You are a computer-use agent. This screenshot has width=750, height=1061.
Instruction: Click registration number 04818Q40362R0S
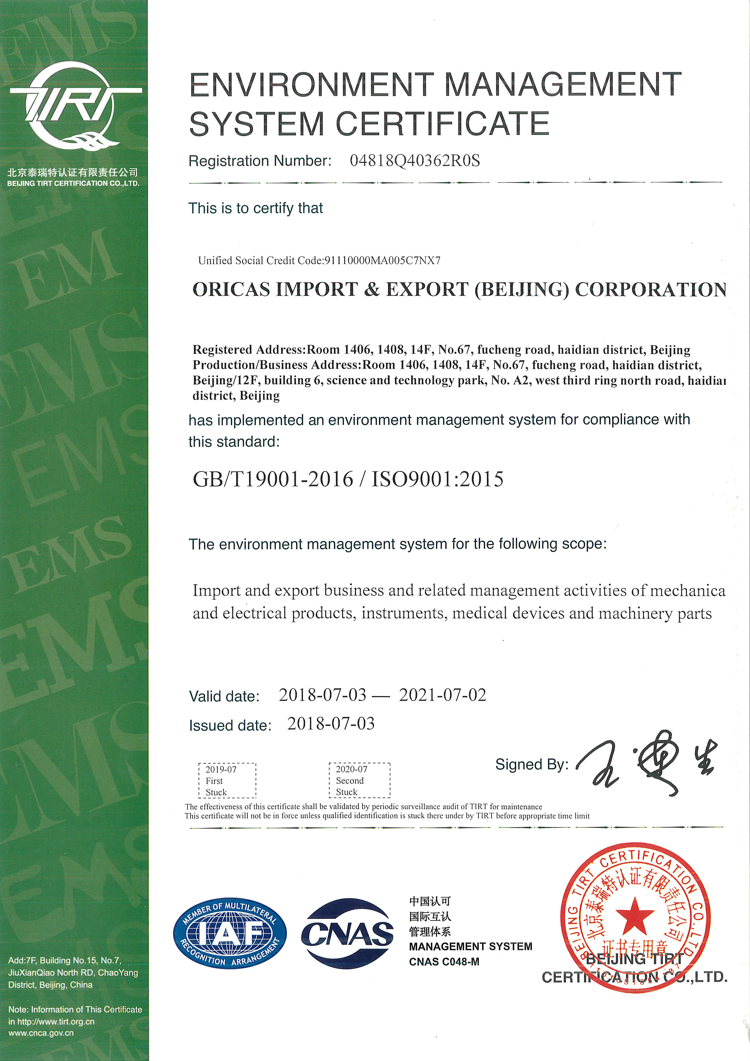tap(415, 161)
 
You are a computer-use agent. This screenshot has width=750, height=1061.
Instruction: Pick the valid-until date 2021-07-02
tap(442, 695)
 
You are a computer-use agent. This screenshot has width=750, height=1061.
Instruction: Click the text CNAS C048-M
tap(444, 962)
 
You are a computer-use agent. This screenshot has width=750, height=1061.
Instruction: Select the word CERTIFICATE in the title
tap(442, 124)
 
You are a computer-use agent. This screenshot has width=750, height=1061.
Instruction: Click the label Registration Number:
tap(260, 161)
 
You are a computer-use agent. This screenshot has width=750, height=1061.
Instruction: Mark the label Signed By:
tap(532, 764)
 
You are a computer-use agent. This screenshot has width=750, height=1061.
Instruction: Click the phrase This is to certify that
tap(255, 208)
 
